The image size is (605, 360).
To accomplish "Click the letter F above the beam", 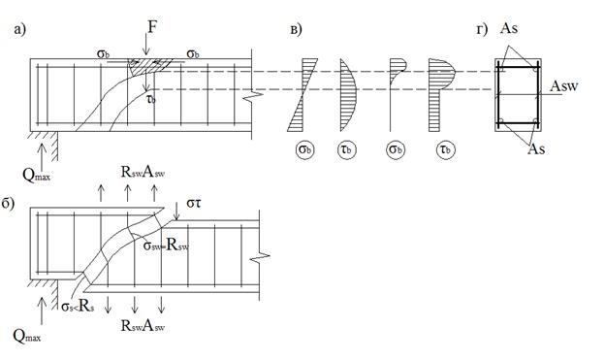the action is click(152, 27).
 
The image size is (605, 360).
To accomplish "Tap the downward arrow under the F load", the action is click(145, 44).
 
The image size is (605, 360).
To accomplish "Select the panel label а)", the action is click(19, 29).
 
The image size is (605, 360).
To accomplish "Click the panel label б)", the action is click(8, 203).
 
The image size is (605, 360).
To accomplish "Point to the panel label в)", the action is click(296, 29).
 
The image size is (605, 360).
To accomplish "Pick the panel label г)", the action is click(482, 29).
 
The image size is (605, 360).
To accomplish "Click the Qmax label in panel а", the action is click(36, 175).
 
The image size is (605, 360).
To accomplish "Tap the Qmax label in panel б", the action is click(26, 336).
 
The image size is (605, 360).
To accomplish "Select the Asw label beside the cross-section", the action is click(564, 85).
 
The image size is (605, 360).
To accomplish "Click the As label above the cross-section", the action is click(509, 28).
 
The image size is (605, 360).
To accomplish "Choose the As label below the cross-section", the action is click(536, 148).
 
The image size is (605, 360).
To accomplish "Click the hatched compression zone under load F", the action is click(149, 66).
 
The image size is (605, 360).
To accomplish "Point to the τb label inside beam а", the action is click(151, 100).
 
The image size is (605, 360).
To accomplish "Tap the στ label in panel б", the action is click(193, 203).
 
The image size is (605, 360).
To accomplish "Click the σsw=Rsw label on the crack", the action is click(166, 245).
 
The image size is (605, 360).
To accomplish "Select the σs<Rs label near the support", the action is click(78, 307).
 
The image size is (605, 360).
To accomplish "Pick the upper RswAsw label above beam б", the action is click(143, 173).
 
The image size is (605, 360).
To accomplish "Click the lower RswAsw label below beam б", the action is click(143, 326).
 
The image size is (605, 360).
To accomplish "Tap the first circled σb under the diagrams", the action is click(305, 149).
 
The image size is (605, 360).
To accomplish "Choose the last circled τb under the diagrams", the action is click(446, 149).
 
